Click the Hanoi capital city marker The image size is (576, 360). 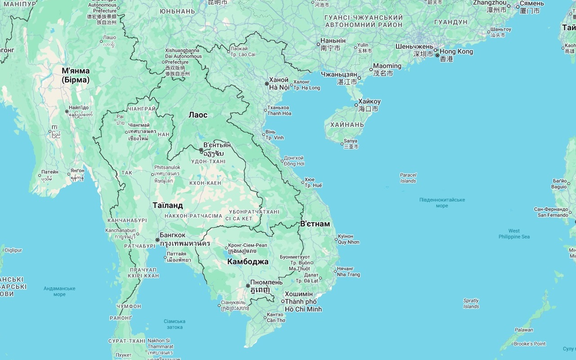point(266,84)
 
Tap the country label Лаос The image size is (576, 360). point(198,115)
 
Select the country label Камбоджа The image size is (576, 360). point(247,262)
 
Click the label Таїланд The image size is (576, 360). point(167,206)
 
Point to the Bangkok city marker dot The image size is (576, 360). point(157,240)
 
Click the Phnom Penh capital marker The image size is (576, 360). point(248,286)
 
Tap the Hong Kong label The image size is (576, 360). point(456,52)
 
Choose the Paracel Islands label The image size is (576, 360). point(408,178)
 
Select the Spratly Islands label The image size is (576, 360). point(471,303)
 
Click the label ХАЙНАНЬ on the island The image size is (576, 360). point(347,125)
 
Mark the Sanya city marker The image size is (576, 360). point(342,144)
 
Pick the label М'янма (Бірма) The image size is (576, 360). point(76,75)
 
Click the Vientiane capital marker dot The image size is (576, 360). point(201,150)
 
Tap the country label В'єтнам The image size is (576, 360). point(315,224)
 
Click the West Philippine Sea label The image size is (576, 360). point(514,234)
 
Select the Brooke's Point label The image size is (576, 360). point(530,344)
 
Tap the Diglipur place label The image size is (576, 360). point(13,250)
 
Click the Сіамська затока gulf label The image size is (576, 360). point(175,324)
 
